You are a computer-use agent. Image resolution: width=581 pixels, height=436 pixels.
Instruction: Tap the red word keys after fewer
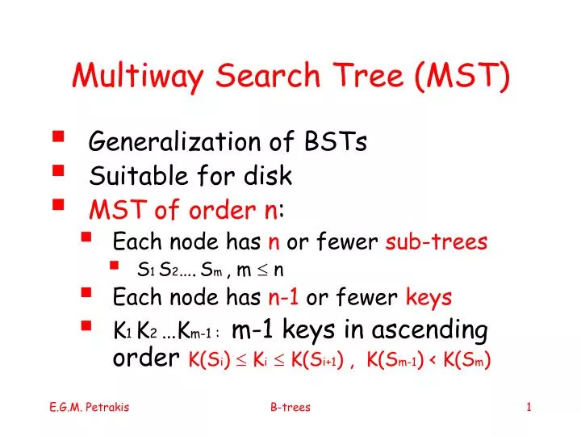[428, 298]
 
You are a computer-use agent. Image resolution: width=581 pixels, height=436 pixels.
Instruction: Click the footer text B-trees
[290, 408]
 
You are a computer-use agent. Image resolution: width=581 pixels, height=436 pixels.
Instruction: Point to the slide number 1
[529, 408]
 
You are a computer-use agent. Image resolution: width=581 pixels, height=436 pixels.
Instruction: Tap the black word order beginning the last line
[144, 358]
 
